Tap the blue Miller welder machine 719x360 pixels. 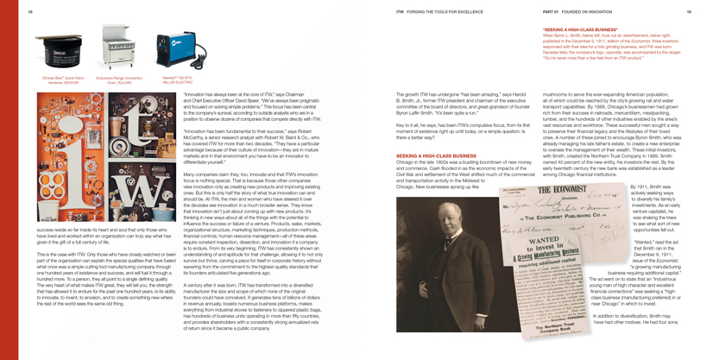pos(176,51)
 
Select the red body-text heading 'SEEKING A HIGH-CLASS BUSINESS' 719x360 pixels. pos(436,156)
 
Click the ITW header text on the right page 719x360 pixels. pos(400,12)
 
